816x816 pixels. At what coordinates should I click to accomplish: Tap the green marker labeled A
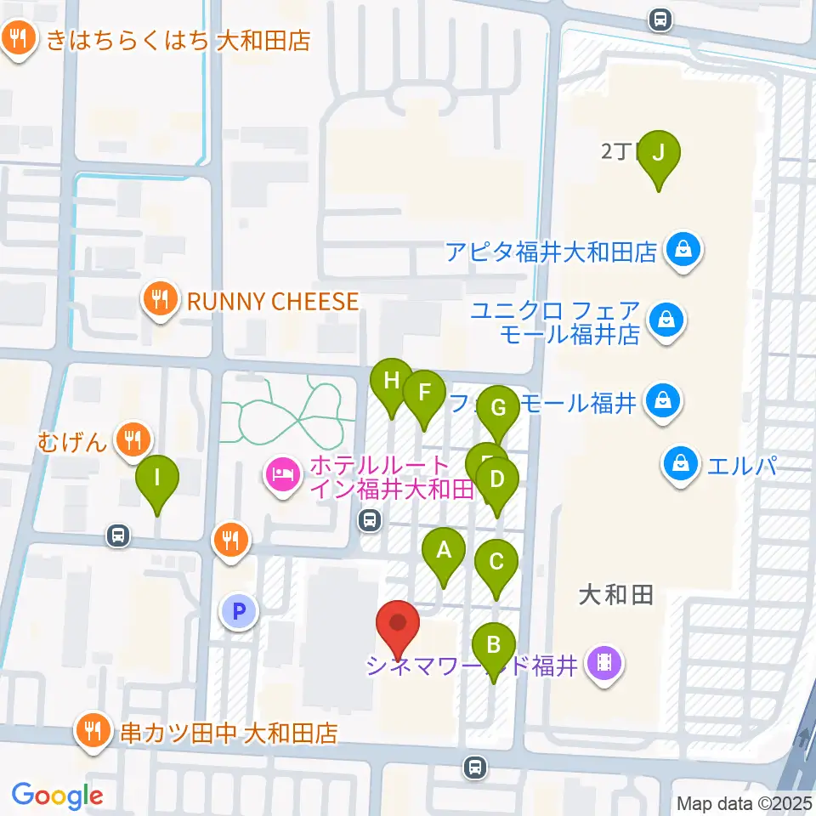(x=443, y=553)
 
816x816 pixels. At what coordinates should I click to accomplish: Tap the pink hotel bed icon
(x=282, y=473)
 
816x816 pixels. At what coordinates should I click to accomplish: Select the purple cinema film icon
(x=604, y=663)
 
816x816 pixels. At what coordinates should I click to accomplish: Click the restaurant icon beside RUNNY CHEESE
(x=159, y=300)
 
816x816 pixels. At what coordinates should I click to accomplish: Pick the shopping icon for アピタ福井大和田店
(x=682, y=251)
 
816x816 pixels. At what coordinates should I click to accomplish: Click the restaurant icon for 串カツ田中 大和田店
(x=92, y=729)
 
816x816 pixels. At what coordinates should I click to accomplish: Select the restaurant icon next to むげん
(x=133, y=439)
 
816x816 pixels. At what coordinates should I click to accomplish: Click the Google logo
(x=57, y=795)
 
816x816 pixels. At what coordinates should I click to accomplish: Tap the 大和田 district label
(x=615, y=595)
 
